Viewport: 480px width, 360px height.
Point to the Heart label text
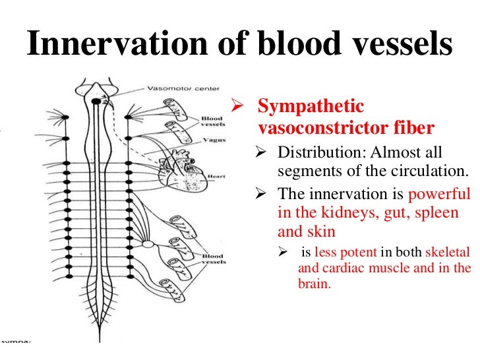click(216, 177)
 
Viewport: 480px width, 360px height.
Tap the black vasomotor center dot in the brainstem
click(96, 101)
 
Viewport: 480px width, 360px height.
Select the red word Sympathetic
click(311, 106)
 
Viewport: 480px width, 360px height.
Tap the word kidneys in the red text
click(330, 214)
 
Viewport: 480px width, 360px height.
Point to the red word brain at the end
click(314, 285)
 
